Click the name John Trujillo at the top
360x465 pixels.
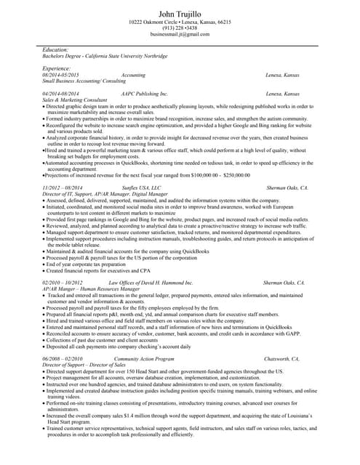pyautogui.click(x=180, y=14)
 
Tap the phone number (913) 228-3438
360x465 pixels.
pyautogui.click(x=180, y=28)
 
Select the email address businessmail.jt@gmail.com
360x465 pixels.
pyautogui.click(x=180, y=34)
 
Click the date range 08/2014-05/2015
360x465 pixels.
pyautogui.click(x=60, y=75)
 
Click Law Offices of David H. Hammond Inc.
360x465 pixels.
pyautogui.click(x=151, y=282)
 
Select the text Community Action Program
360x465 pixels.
pyautogui.click(x=144, y=359)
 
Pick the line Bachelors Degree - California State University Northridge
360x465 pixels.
pyautogui.click(x=104, y=56)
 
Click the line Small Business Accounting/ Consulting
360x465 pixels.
pyautogui.click(x=84, y=81)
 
